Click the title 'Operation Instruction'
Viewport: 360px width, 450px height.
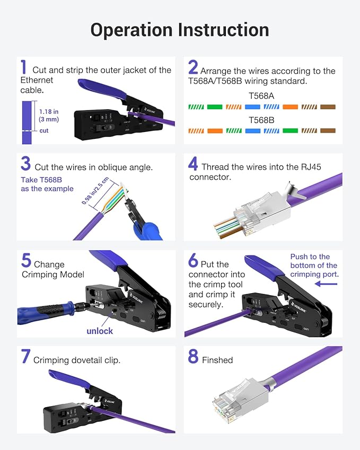[x=179, y=30]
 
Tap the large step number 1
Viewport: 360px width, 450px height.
[x=23, y=67]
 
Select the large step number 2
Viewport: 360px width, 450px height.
[x=193, y=67]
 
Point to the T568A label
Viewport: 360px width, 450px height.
[x=261, y=96]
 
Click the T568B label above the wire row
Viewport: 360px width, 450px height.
[x=261, y=120]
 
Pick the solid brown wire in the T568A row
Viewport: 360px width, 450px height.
[x=328, y=107]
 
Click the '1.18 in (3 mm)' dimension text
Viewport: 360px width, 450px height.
[x=49, y=116]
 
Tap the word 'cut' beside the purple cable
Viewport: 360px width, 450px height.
[x=44, y=130]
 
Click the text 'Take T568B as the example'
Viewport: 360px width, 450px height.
[x=47, y=184]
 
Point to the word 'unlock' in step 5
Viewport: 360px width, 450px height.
[x=100, y=331]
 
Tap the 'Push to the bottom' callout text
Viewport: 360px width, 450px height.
[x=313, y=265]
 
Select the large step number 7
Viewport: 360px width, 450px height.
[x=25, y=357]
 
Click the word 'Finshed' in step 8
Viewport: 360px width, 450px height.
[x=217, y=360]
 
